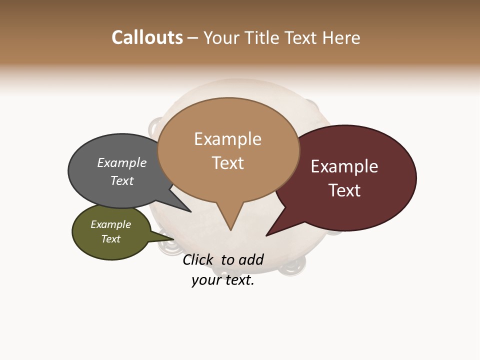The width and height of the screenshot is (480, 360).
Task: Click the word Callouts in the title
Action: coord(147,37)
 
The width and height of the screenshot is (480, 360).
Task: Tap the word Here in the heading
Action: coord(341,37)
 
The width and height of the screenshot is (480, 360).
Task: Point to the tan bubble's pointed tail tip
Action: coord(230,230)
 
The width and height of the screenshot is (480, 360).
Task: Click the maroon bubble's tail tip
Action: coord(266,235)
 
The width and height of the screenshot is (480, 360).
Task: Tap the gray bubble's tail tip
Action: coord(191,211)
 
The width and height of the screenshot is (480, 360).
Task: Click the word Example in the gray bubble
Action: coord(122,163)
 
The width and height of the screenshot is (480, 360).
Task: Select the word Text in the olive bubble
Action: coord(111,239)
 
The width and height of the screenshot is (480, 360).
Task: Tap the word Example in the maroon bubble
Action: coord(344,166)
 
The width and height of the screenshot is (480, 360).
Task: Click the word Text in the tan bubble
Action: coord(228,163)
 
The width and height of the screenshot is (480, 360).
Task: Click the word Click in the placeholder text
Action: coord(198,259)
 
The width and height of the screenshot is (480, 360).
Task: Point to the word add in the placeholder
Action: coord(251,259)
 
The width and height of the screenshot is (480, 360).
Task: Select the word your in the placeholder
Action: coord(206,280)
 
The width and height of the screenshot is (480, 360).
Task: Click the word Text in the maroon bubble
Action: coord(344,190)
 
